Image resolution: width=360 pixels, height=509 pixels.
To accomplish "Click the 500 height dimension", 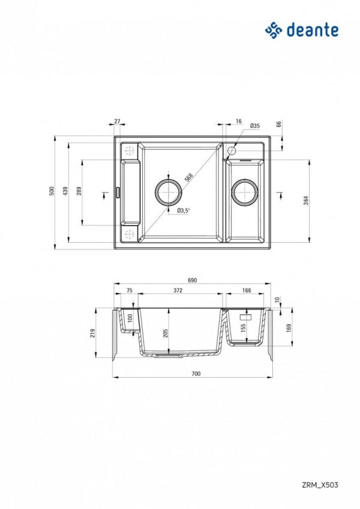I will pos(52,191).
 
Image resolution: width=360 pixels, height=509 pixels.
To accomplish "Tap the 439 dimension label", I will pos(66,191).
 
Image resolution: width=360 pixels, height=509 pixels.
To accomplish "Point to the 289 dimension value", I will pos(79,191).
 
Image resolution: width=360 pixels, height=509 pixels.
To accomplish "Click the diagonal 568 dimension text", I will pos(188,178).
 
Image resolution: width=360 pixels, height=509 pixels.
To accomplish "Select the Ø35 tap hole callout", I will pos(254,126).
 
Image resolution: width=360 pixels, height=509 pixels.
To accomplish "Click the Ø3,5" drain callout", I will pos(184,210).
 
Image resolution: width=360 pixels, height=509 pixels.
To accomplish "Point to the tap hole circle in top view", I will pos(232,150).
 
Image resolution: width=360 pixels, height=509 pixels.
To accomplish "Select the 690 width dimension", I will pos(193,281).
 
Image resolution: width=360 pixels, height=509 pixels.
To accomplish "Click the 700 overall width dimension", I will pos(196,374).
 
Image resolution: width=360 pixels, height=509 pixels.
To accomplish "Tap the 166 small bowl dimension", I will pos(246,290).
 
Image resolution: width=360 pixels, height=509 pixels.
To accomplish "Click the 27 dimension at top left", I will pos(117,121).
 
